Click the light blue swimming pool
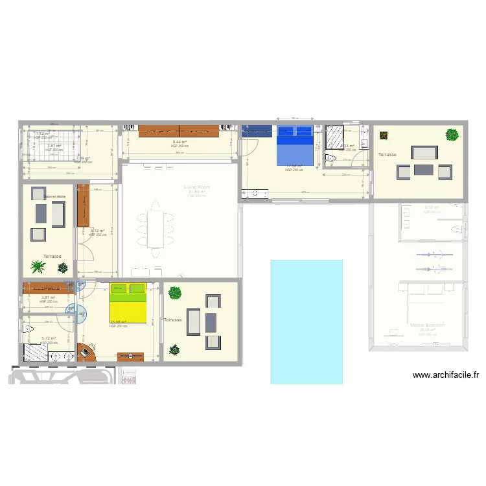pos(306,321)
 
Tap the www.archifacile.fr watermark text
pos(445,375)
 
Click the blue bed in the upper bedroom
pos(295,146)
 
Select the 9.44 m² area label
pos(179,142)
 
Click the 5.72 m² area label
pos(49,338)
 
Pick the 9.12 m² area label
pos(97,230)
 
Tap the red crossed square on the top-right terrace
pos(385,136)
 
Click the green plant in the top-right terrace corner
pos(452,135)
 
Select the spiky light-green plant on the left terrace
pos(38,266)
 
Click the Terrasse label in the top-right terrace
pos(388,155)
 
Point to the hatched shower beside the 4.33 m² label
pos(335,137)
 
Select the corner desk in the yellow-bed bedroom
pos(86,352)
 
